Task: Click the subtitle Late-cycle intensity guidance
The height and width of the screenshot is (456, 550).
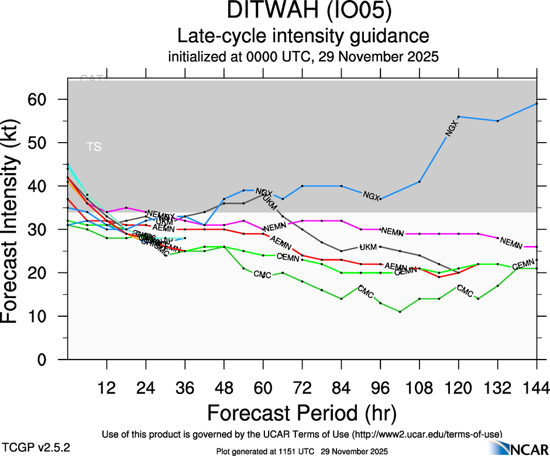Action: (303, 36)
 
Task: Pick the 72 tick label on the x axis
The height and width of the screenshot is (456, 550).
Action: (302, 388)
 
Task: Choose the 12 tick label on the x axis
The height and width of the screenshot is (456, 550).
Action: (106, 388)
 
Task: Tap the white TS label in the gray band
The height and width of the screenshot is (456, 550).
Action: (94, 147)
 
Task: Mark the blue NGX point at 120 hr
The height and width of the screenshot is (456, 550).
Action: (459, 117)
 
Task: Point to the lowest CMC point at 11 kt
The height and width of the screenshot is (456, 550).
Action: (400, 312)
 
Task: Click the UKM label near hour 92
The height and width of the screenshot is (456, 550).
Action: (368, 247)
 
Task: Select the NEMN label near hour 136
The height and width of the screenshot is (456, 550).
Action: (510, 242)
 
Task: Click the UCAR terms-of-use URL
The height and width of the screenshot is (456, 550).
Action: (426, 434)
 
